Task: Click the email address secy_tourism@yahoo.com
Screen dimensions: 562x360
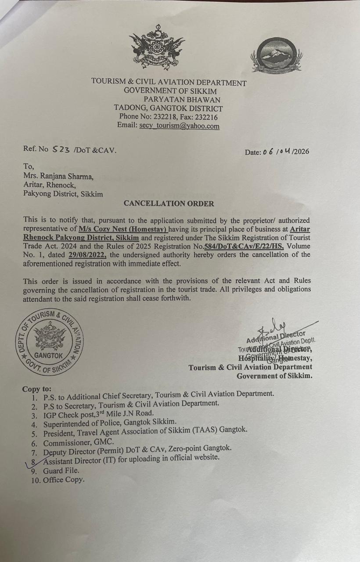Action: click(x=180, y=126)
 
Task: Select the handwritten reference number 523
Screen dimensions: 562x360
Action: click(x=61, y=149)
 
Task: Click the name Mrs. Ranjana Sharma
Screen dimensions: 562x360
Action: click(x=58, y=177)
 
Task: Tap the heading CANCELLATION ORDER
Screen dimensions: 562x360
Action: click(x=169, y=203)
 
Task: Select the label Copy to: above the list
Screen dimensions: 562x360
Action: click(x=36, y=389)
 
